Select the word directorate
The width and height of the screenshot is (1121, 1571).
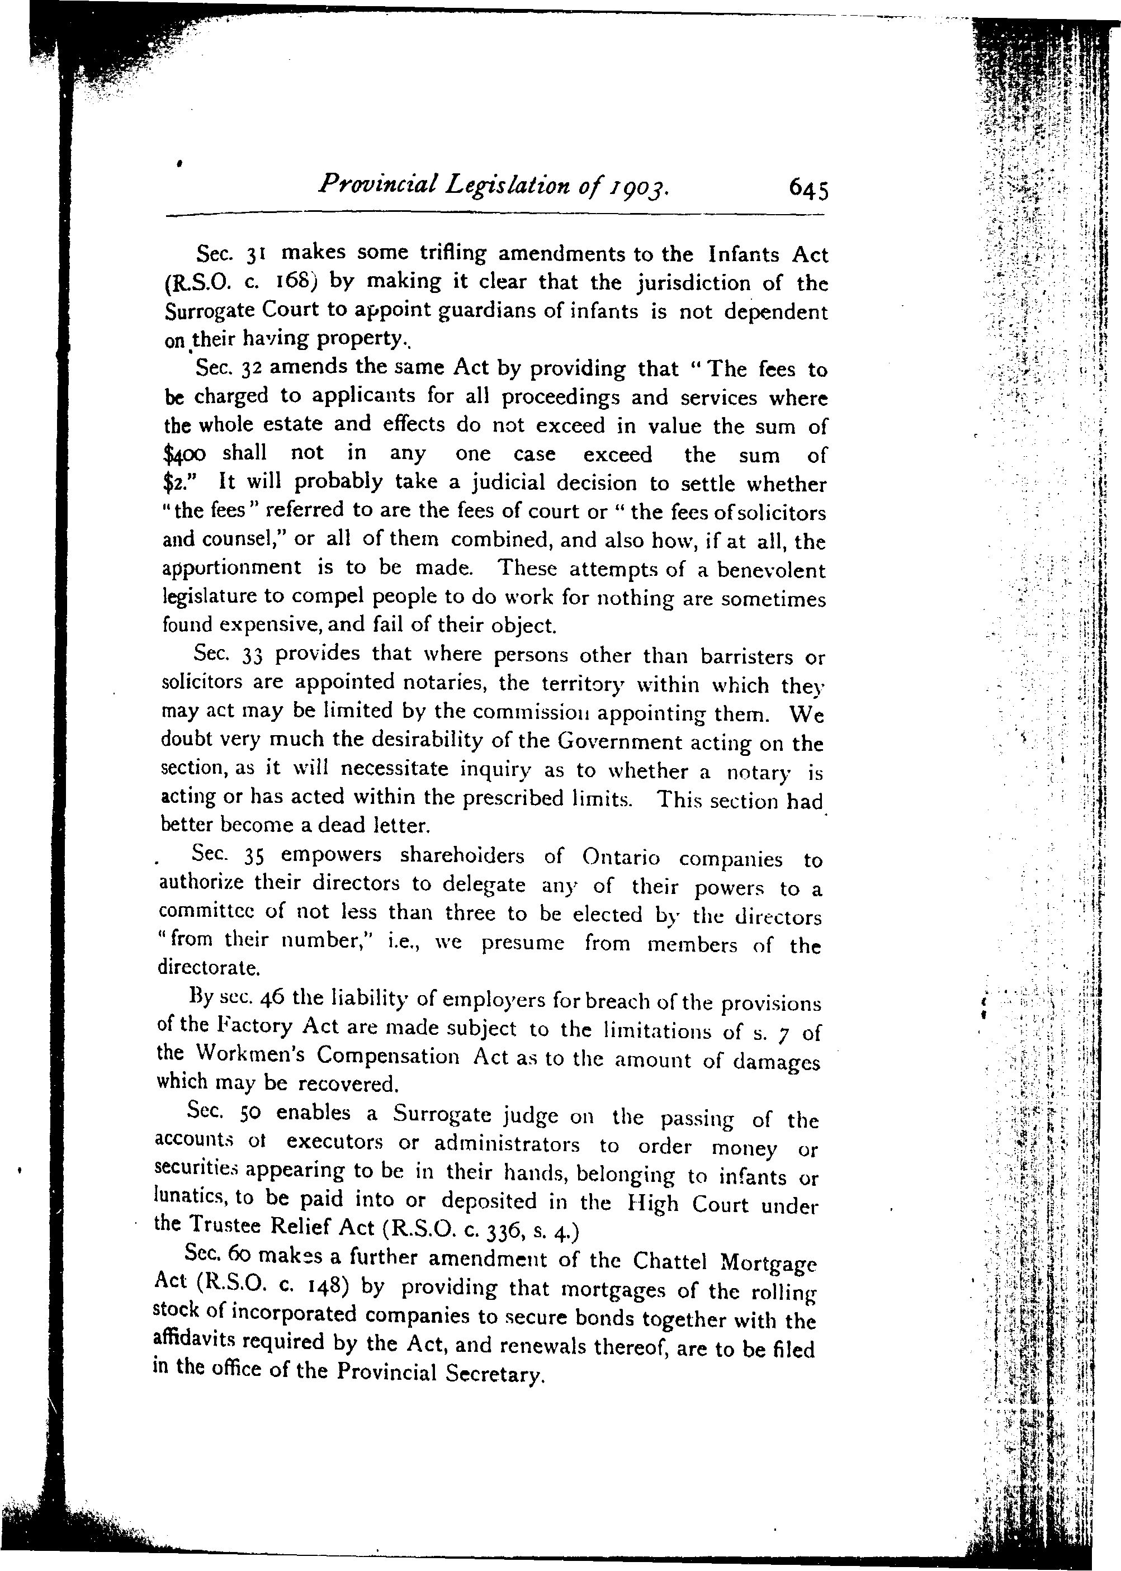(x=209, y=968)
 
